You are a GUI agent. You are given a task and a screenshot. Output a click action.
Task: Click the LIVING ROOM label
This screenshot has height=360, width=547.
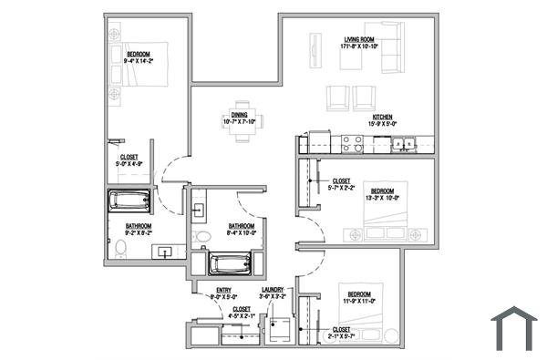(360, 39)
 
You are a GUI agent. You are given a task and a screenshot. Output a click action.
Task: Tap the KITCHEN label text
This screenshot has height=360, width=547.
(381, 117)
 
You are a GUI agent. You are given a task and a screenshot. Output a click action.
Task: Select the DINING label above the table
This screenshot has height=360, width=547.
(239, 114)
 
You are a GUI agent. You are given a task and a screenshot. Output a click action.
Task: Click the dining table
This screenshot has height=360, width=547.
(242, 121)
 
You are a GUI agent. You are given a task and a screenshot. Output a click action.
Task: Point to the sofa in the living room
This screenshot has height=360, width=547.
(390, 48)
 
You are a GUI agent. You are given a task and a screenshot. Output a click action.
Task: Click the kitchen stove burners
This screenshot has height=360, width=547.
(352, 143)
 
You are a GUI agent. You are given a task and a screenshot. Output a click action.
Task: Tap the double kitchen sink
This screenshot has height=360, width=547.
(402, 143)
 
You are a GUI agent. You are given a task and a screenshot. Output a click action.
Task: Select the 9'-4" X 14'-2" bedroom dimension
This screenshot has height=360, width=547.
(139, 60)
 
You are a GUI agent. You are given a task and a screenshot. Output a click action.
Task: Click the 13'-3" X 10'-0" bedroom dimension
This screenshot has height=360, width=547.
(383, 196)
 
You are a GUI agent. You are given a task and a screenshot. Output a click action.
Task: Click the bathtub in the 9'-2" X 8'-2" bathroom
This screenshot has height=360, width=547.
(129, 201)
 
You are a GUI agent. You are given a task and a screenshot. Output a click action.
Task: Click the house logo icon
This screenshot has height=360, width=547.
(513, 328)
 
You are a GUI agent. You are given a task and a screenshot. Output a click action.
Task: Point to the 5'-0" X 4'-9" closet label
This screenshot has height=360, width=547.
(129, 163)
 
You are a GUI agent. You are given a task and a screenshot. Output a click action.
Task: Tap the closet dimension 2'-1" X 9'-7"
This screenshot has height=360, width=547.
(342, 334)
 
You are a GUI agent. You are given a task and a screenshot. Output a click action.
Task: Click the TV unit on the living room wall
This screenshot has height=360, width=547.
(315, 50)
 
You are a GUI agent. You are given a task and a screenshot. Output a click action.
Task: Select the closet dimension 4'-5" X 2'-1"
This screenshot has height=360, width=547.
(242, 315)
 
